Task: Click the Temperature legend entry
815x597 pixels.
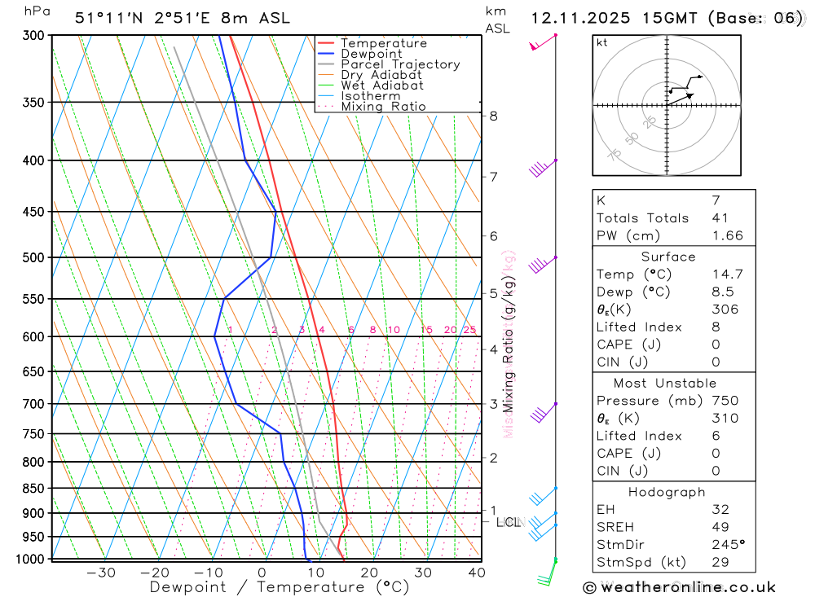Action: point(383,43)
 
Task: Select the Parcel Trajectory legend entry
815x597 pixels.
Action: point(400,64)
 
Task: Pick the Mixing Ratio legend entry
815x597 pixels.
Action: point(383,107)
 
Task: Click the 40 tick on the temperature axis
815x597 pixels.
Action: point(477,573)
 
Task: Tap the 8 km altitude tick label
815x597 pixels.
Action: point(494,116)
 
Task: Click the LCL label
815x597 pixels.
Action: point(508,522)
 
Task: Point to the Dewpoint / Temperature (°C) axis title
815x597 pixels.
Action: point(279,587)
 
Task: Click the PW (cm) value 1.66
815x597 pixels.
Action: point(728,235)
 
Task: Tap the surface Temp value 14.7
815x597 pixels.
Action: point(728,274)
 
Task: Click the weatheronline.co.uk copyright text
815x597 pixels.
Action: point(679,586)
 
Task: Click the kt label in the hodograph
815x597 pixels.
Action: point(601,42)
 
